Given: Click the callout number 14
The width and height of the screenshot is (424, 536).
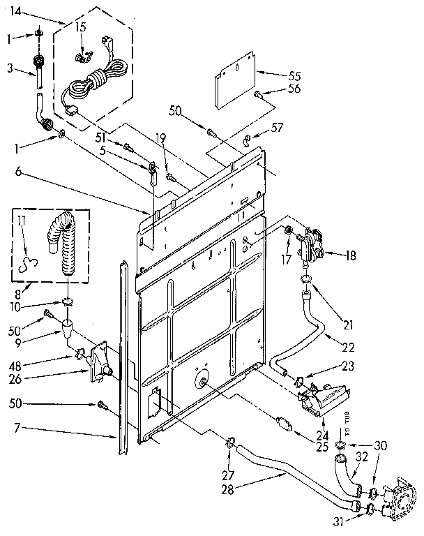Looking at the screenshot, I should (15, 12).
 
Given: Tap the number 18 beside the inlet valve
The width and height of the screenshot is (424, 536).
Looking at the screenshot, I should (350, 256).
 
